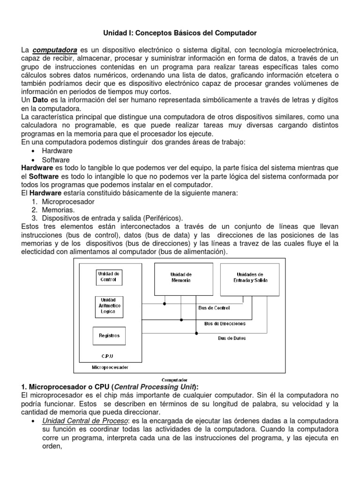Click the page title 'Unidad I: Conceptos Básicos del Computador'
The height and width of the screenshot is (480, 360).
(x=180, y=33)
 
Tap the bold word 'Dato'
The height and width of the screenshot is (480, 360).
(x=40, y=100)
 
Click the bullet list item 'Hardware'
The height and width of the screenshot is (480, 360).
(x=57, y=151)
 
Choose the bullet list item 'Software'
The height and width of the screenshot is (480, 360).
(x=56, y=159)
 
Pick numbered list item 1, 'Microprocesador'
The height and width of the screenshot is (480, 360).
(x=68, y=202)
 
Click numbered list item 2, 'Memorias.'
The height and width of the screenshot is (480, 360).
(x=59, y=210)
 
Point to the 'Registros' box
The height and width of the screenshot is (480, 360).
(x=109, y=336)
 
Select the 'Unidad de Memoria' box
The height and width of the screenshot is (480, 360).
(x=181, y=277)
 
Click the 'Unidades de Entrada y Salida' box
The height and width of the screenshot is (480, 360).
(x=250, y=277)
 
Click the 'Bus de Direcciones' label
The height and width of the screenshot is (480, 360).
(x=225, y=323)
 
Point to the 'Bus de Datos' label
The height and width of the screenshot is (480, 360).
(x=233, y=338)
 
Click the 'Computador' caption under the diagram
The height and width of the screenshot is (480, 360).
(x=174, y=380)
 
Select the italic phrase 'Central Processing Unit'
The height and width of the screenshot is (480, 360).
(x=157, y=387)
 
